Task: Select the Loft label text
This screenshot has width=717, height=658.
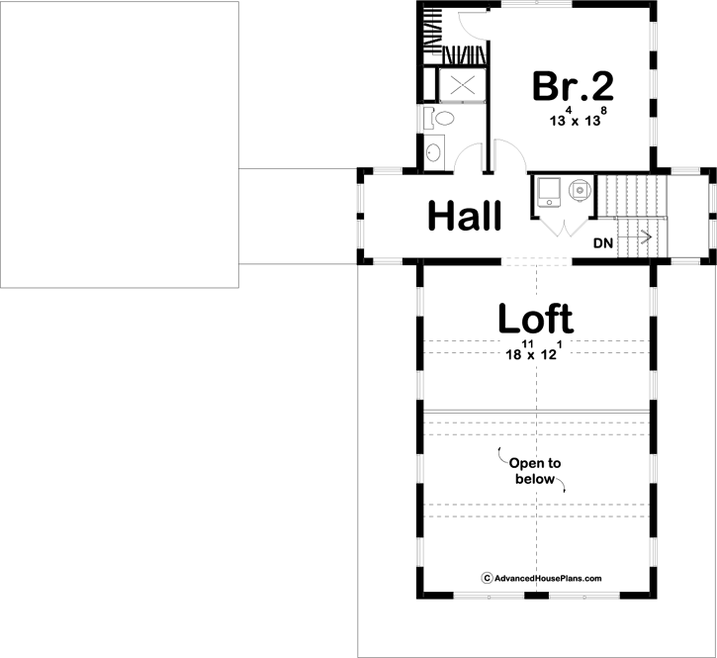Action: coord(534,319)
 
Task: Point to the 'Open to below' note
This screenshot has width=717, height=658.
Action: coord(535,471)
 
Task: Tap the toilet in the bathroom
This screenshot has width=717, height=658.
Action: coord(442,120)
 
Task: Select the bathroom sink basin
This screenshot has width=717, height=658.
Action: coord(433,153)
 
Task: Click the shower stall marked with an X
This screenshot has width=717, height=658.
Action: coord(462,85)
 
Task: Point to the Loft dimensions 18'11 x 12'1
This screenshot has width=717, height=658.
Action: coord(534,351)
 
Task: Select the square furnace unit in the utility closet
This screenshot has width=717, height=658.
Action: coord(547,190)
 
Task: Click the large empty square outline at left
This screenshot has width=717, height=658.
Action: coord(119,143)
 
